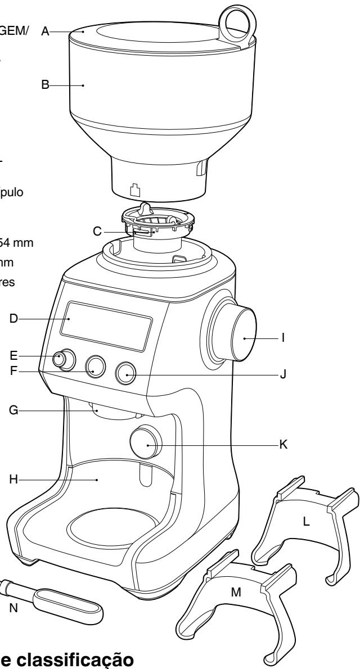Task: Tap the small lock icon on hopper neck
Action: pos(134,191)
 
